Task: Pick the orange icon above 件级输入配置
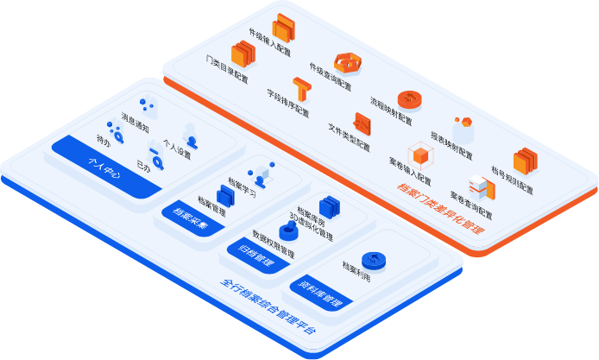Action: [284, 27]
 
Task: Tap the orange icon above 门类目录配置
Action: [243, 55]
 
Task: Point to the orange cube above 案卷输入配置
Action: [420, 157]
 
